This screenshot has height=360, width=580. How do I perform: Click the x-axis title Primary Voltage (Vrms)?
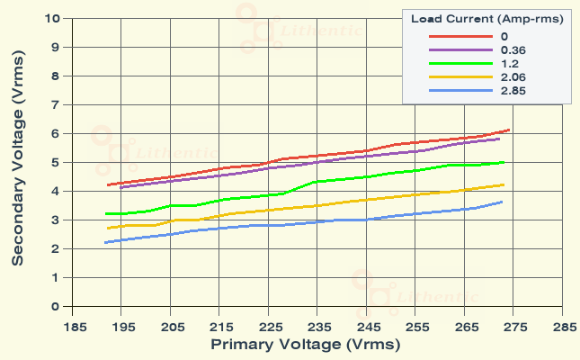pyautogui.click(x=305, y=344)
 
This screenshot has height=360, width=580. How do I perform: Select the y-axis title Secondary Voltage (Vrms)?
pyautogui.click(x=18, y=162)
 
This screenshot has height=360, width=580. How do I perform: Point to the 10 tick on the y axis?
pyautogui.click(x=53, y=18)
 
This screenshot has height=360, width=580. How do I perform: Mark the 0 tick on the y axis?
pyautogui.click(x=56, y=306)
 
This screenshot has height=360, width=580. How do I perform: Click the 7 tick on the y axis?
pyautogui.click(x=56, y=104)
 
